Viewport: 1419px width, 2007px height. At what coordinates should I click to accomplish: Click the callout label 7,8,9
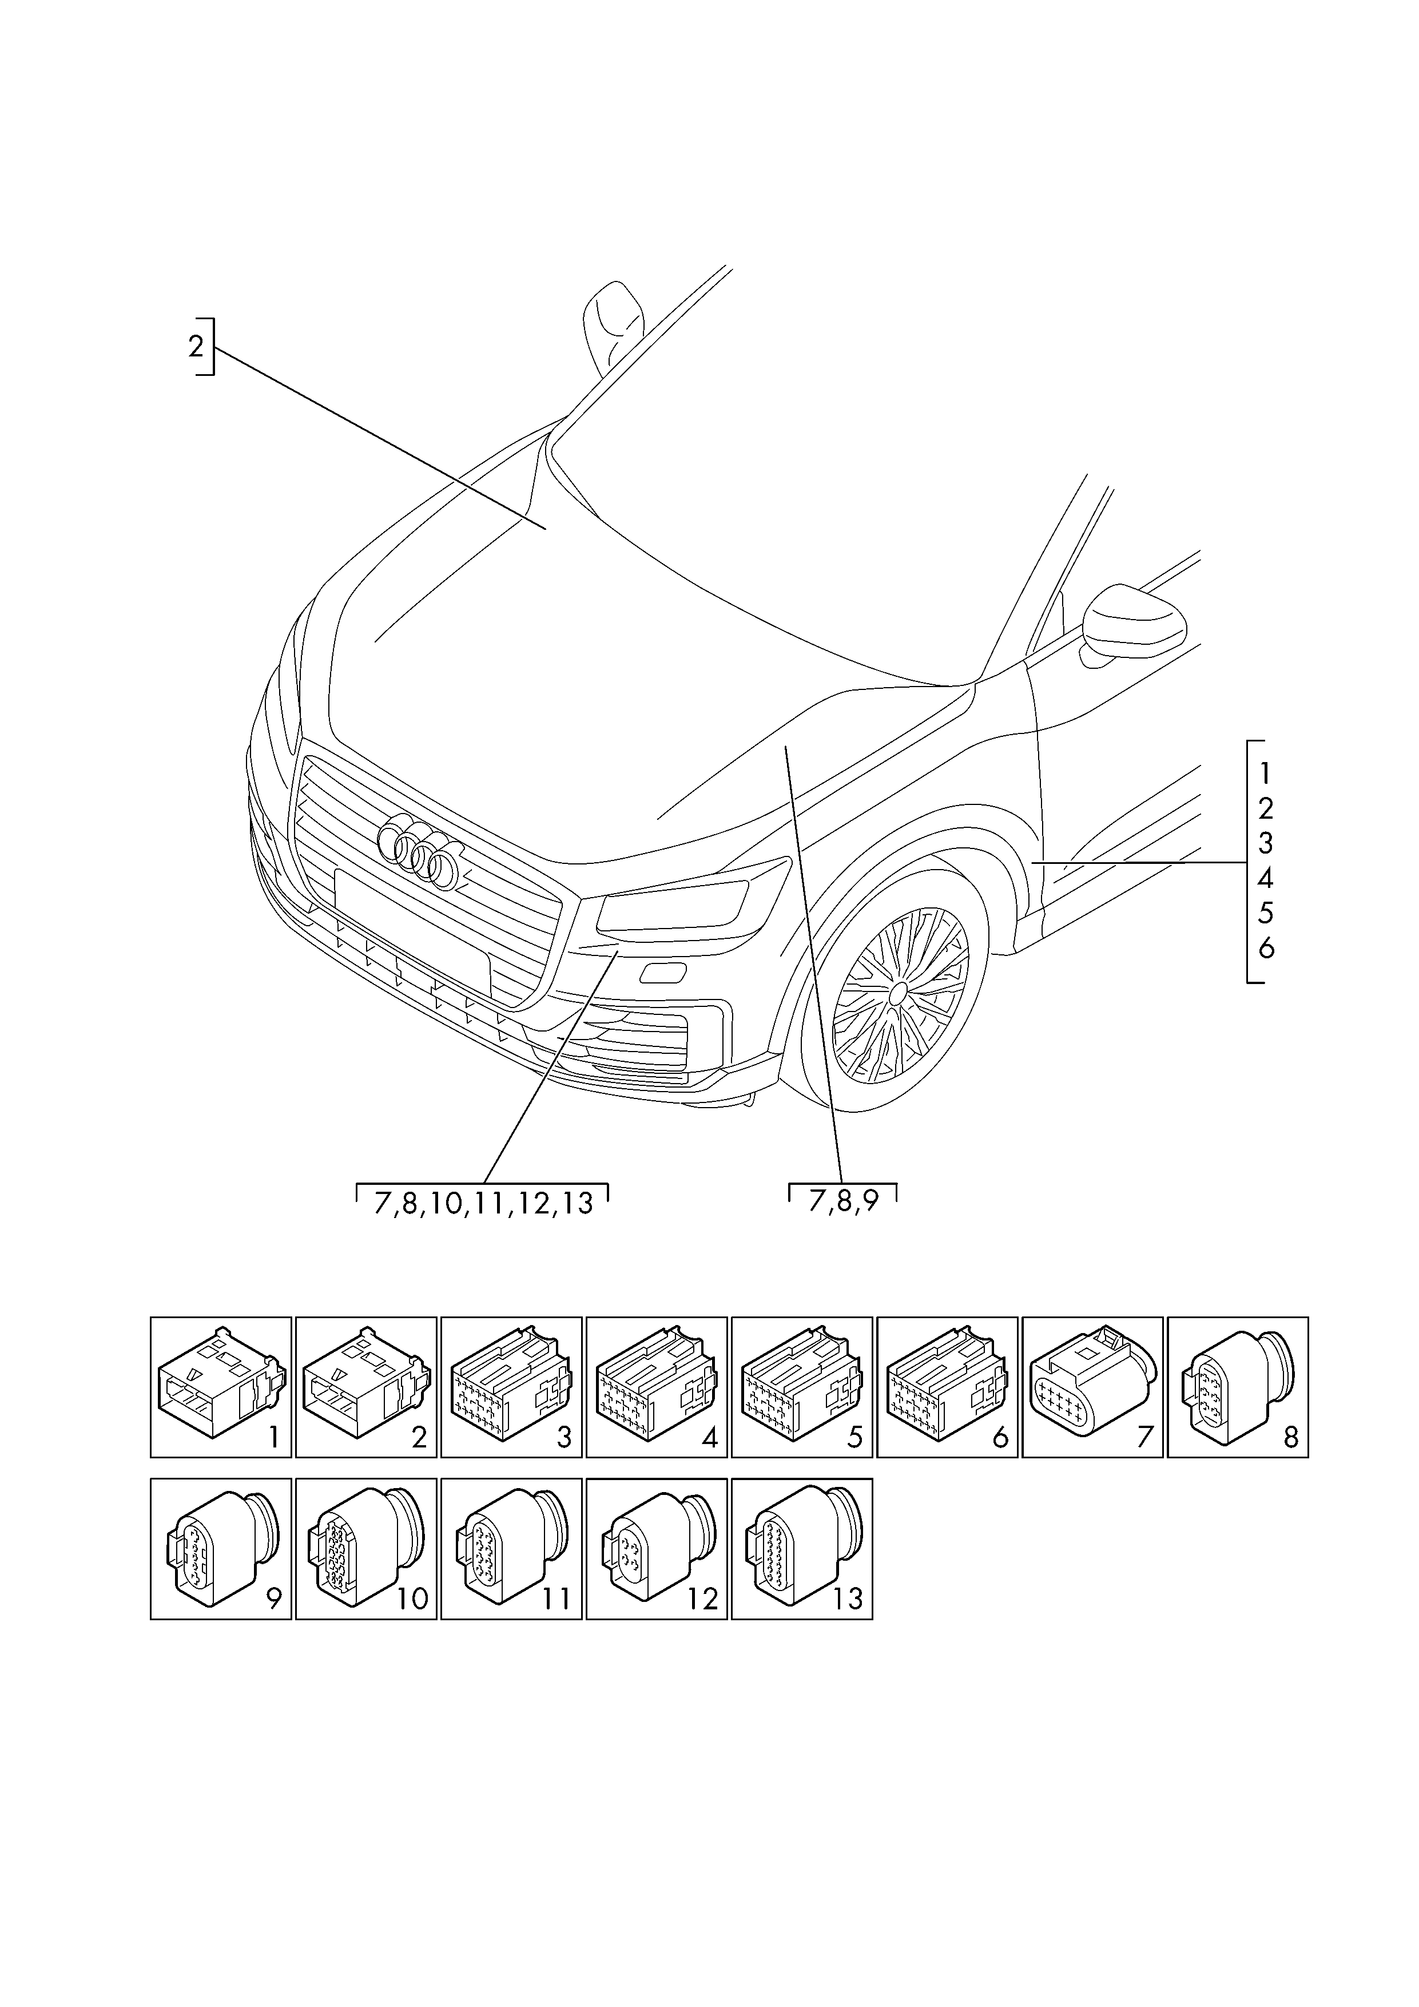tap(842, 1203)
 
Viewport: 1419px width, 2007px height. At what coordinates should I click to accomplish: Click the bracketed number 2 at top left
tap(196, 346)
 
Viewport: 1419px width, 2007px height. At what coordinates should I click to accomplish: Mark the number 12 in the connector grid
tap(702, 1599)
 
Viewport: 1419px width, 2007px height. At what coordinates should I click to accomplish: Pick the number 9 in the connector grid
tap(273, 1599)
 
